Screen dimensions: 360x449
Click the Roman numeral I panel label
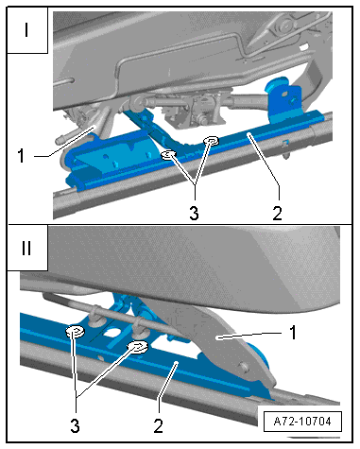pos(26,29)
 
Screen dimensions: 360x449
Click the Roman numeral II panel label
pos(26,248)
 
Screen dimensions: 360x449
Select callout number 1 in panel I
pos(21,155)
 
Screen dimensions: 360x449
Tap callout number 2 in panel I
pos(277,214)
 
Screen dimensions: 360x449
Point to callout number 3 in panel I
pos(194,213)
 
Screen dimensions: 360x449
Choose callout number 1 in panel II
pos(293,333)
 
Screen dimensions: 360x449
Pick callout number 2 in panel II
pos(158,425)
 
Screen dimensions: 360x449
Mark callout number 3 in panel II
pos(75,425)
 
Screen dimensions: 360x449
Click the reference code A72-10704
pos(302,421)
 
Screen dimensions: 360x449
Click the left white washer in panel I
pos(169,154)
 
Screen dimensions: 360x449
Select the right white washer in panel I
pos(211,140)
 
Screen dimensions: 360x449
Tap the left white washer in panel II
pos(75,332)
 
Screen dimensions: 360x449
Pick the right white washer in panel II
pos(137,347)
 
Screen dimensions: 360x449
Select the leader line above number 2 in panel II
pos(168,387)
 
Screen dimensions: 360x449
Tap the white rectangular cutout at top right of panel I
pos(303,47)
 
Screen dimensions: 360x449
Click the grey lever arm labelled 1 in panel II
pos(217,340)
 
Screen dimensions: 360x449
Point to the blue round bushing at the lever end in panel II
pos(260,354)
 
